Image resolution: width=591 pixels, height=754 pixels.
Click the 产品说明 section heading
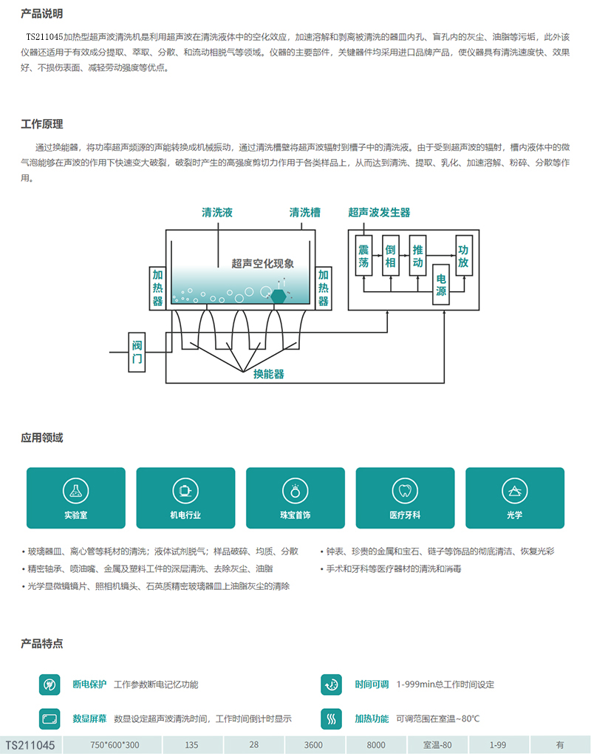click(42, 13)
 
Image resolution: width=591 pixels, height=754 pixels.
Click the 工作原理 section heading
click(42, 124)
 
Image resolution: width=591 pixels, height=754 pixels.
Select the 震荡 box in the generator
click(363, 256)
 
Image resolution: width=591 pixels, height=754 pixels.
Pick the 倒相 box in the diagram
click(391, 256)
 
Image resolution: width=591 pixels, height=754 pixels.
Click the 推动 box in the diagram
click(418, 256)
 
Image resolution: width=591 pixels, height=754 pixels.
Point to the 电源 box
click(441, 285)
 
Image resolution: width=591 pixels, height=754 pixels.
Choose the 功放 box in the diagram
click(463, 256)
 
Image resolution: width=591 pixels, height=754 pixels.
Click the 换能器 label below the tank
click(268, 374)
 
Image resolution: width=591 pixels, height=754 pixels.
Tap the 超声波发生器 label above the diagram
click(379, 212)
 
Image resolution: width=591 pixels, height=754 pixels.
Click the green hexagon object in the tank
click(279, 295)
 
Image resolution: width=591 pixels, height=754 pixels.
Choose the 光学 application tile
click(514, 497)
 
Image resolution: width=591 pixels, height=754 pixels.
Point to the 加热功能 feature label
click(372, 719)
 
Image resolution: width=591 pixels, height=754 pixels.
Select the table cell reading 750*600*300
click(115, 744)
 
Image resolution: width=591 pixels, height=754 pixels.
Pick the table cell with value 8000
click(376, 744)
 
